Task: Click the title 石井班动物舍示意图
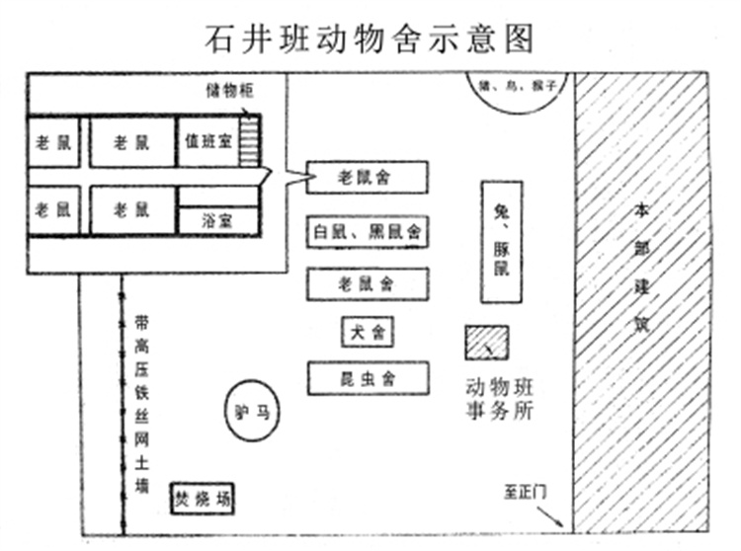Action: click(370, 37)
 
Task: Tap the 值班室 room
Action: click(207, 142)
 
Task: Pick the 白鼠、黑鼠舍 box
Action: click(367, 232)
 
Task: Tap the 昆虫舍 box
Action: click(368, 378)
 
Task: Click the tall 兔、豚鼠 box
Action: click(502, 242)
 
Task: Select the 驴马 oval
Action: click(252, 408)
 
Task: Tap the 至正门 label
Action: click(528, 489)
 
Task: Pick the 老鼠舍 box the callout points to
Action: click(367, 178)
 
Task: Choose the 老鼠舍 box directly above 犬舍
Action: click(367, 284)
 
